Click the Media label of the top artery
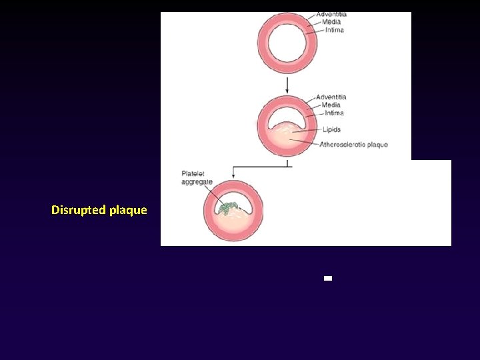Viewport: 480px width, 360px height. (331, 22)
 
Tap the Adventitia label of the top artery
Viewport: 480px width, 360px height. (331, 14)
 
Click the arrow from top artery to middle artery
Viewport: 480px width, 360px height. (287, 84)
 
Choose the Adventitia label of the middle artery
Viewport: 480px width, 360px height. (331, 97)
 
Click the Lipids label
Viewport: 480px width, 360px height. (331, 130)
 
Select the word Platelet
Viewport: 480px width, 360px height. (193, 175)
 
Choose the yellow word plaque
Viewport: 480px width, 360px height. (128, 210)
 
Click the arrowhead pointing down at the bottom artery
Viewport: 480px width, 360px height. (233, 177)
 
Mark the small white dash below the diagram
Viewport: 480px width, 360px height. (327, 279)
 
